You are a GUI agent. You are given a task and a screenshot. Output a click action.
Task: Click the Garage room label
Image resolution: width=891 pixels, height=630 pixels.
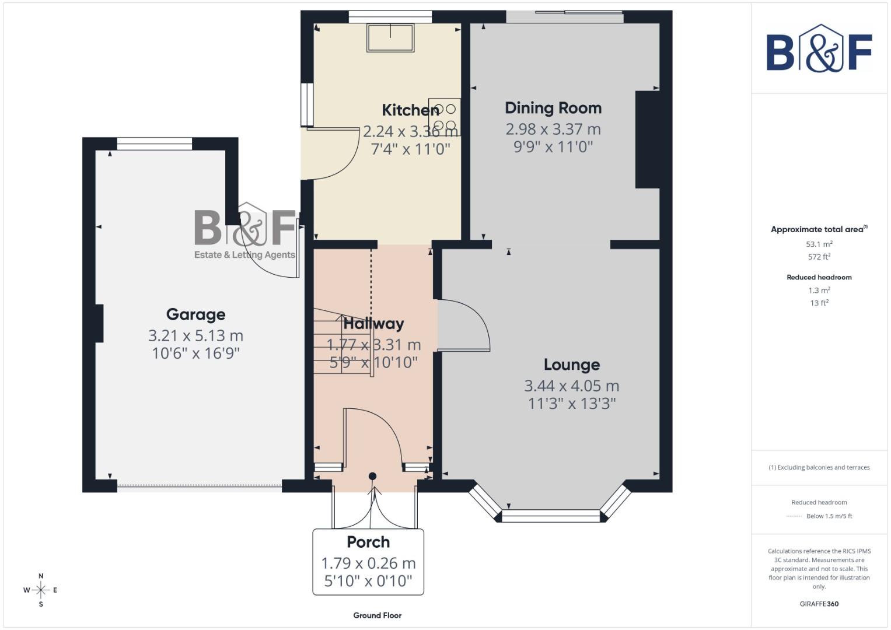tap(195, 314)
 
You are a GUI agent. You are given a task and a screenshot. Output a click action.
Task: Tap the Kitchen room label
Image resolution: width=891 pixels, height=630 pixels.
tap(410, 110)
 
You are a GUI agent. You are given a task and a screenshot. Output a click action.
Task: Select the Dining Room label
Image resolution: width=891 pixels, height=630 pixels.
tap(553, 108)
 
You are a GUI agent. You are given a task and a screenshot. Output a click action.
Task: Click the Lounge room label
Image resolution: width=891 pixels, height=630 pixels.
tap(571, 365)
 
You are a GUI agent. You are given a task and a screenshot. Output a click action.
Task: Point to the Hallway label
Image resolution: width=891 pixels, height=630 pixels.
tap(373, 324)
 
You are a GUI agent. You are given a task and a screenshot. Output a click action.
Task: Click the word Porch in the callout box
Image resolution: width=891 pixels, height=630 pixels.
tap(368, 542)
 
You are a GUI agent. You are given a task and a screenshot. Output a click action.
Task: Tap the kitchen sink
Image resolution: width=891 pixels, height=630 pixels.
tap(390, 37)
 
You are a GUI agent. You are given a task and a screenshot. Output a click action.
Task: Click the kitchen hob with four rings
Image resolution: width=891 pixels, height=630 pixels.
tap(445, 117)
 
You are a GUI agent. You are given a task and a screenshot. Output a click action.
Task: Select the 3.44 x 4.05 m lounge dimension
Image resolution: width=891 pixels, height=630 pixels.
tap(571, 386)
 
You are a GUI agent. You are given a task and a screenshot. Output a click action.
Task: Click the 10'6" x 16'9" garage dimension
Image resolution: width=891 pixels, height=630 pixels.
tap(195, 353)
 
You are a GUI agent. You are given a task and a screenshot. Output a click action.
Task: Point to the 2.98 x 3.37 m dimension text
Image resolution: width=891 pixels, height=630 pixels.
tap(553, 129)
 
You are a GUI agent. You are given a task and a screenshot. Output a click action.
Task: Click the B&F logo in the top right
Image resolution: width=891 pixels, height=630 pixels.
tap(819, 49)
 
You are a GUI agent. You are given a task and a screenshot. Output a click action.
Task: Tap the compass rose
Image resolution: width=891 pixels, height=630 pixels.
tap(41, 590)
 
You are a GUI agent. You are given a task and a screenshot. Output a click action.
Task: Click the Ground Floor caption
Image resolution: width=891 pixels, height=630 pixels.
tap(377, 615)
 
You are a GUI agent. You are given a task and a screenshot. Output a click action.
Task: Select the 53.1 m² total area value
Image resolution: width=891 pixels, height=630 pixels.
tap(819, 244)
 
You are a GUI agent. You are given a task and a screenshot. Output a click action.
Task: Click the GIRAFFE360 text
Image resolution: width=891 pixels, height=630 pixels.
tap(819, 604)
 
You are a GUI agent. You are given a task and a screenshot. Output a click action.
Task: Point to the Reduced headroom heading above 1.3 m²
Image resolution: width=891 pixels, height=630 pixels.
tap(819, 277)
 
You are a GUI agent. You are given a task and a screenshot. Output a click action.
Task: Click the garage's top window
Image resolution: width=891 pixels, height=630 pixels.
tap(155, 143)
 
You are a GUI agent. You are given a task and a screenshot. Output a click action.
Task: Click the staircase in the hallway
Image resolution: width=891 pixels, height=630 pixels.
tap(341, 344)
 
